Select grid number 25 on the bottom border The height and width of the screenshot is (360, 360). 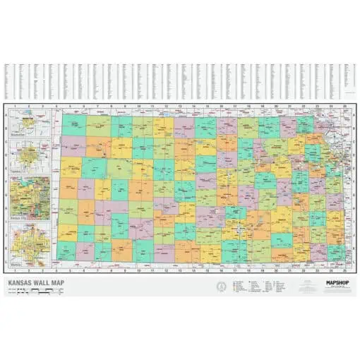coord(343,269)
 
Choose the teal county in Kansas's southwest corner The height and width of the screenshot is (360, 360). coord(66,250)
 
